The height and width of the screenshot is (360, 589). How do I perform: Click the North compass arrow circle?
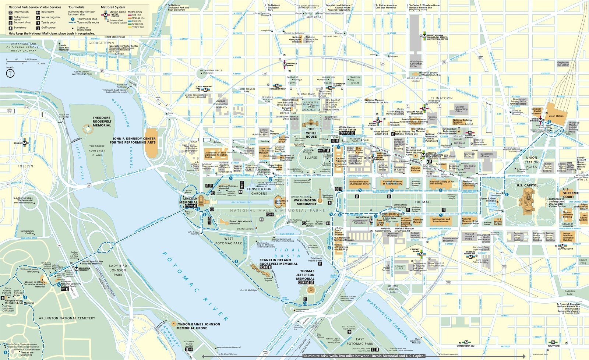tap(10, 73)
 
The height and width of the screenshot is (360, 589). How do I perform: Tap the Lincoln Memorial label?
tap(190, 200)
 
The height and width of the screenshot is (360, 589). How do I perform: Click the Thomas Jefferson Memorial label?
tap(305, 275)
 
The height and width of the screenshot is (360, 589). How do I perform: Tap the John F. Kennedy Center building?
tap(151, 144)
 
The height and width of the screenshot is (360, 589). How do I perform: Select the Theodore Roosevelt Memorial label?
tap(102, 121)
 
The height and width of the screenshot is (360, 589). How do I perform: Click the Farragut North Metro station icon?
tap(284, 64)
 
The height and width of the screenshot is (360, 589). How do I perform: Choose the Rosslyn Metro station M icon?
tap(25, 143)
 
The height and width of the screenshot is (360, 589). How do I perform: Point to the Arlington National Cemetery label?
tap(67, 318)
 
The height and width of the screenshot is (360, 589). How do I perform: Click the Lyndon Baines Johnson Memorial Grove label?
tap(198, 326)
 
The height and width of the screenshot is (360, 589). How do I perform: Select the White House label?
tap(311, 133)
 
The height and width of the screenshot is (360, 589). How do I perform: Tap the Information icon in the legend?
tap(10, 12)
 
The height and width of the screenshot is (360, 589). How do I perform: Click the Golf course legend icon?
tap(38, 28)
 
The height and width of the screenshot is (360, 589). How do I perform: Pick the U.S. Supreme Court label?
tap(571, 193)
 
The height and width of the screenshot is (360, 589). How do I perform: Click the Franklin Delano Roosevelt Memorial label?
tap(278, 262)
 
